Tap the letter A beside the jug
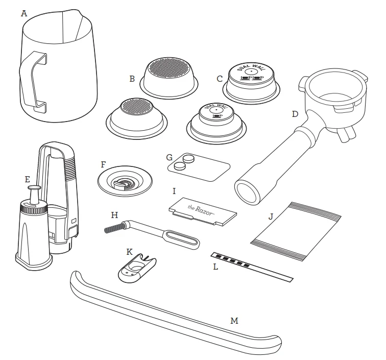pos(24,13)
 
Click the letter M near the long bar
pos(234,321)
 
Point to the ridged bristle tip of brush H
pos(113,228)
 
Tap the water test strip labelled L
pos(252,267)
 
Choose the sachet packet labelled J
pos(296,231)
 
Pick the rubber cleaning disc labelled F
pos(125,181)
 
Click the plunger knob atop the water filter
pos(34,188)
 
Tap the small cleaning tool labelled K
pos(137,269)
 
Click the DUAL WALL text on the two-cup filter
pos(252,67)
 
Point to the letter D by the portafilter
pos(295,114)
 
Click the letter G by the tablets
pos(170,157)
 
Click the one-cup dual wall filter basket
pos(216,124)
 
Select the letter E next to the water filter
pos(28,179)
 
